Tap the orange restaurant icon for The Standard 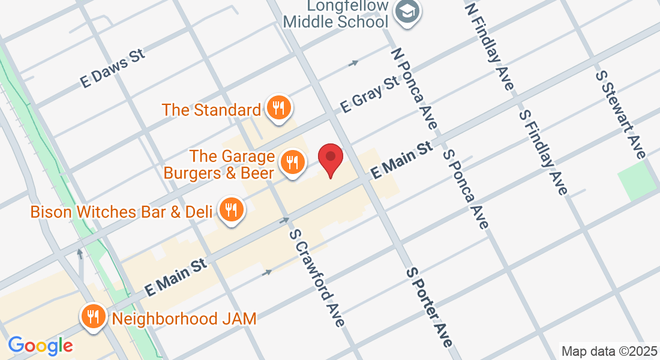pos(277,108)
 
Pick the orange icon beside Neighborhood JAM pos(93,316)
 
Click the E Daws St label pos(113,69)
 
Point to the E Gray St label pos(370,93)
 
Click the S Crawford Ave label pos(317,278)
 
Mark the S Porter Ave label pos(428,307)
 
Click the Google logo pos(40,346)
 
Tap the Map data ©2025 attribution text pos(609,351)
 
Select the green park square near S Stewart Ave pos(637,180)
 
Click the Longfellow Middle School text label pos(336,14)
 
